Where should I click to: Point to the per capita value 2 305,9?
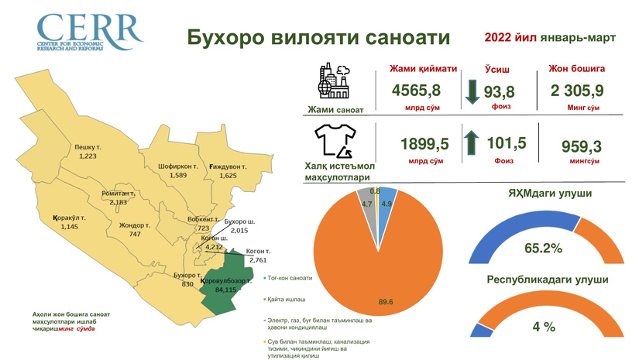(x=577, y=91)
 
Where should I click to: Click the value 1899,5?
(x=424, y=143)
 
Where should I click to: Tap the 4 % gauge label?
(x=543, y=327)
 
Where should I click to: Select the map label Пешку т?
(x=88, y=146)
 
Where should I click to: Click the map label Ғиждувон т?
(x=228, y=166)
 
